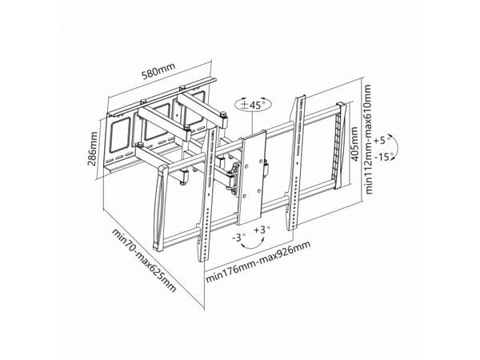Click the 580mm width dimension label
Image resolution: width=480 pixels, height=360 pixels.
[158, 71]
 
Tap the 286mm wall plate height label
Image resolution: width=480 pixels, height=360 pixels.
[92, 149]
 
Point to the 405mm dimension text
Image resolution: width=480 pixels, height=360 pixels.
[354, 144]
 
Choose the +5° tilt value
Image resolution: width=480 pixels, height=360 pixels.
[382, 141]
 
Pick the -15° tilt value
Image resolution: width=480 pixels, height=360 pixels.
[383, 158]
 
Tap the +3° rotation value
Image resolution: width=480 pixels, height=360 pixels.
[262, 230]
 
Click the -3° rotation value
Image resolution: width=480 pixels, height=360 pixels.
[238, 238]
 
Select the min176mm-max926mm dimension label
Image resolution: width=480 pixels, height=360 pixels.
[258, 262]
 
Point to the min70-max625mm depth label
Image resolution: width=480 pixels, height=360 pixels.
[143, 260]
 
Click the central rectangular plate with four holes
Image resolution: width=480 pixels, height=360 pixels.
[252, 178]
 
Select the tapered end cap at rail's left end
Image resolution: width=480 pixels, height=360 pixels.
[160, 208]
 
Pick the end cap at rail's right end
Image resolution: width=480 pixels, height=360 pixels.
[341, 146]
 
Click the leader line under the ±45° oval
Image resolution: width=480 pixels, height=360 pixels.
[252, 123]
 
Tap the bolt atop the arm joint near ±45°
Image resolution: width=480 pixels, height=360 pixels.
[223, 114]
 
